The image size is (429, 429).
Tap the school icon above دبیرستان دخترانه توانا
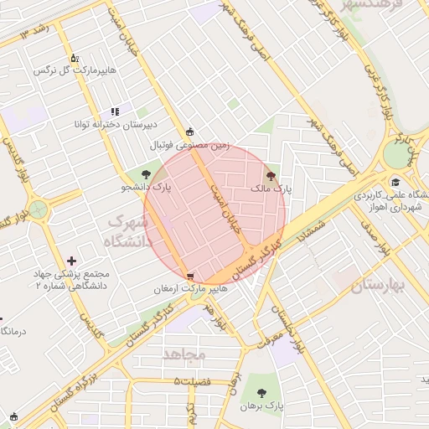[x=116, y=111]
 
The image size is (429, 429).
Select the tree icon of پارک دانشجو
[x=147, y=174]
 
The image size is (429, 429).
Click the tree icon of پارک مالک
[x=270, y=176]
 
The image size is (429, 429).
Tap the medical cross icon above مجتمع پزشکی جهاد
[x=72, y=262]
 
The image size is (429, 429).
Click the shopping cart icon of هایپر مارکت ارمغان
[x=191, y=276]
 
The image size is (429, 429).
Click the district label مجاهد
[x=184, y=354]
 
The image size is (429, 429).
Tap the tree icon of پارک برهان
[x=263, y=391]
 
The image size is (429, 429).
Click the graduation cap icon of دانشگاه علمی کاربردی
[x=395, y=183]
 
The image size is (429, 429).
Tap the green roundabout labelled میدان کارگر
[x=396, y=154]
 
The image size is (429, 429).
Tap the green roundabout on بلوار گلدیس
[x=37, y=208]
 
